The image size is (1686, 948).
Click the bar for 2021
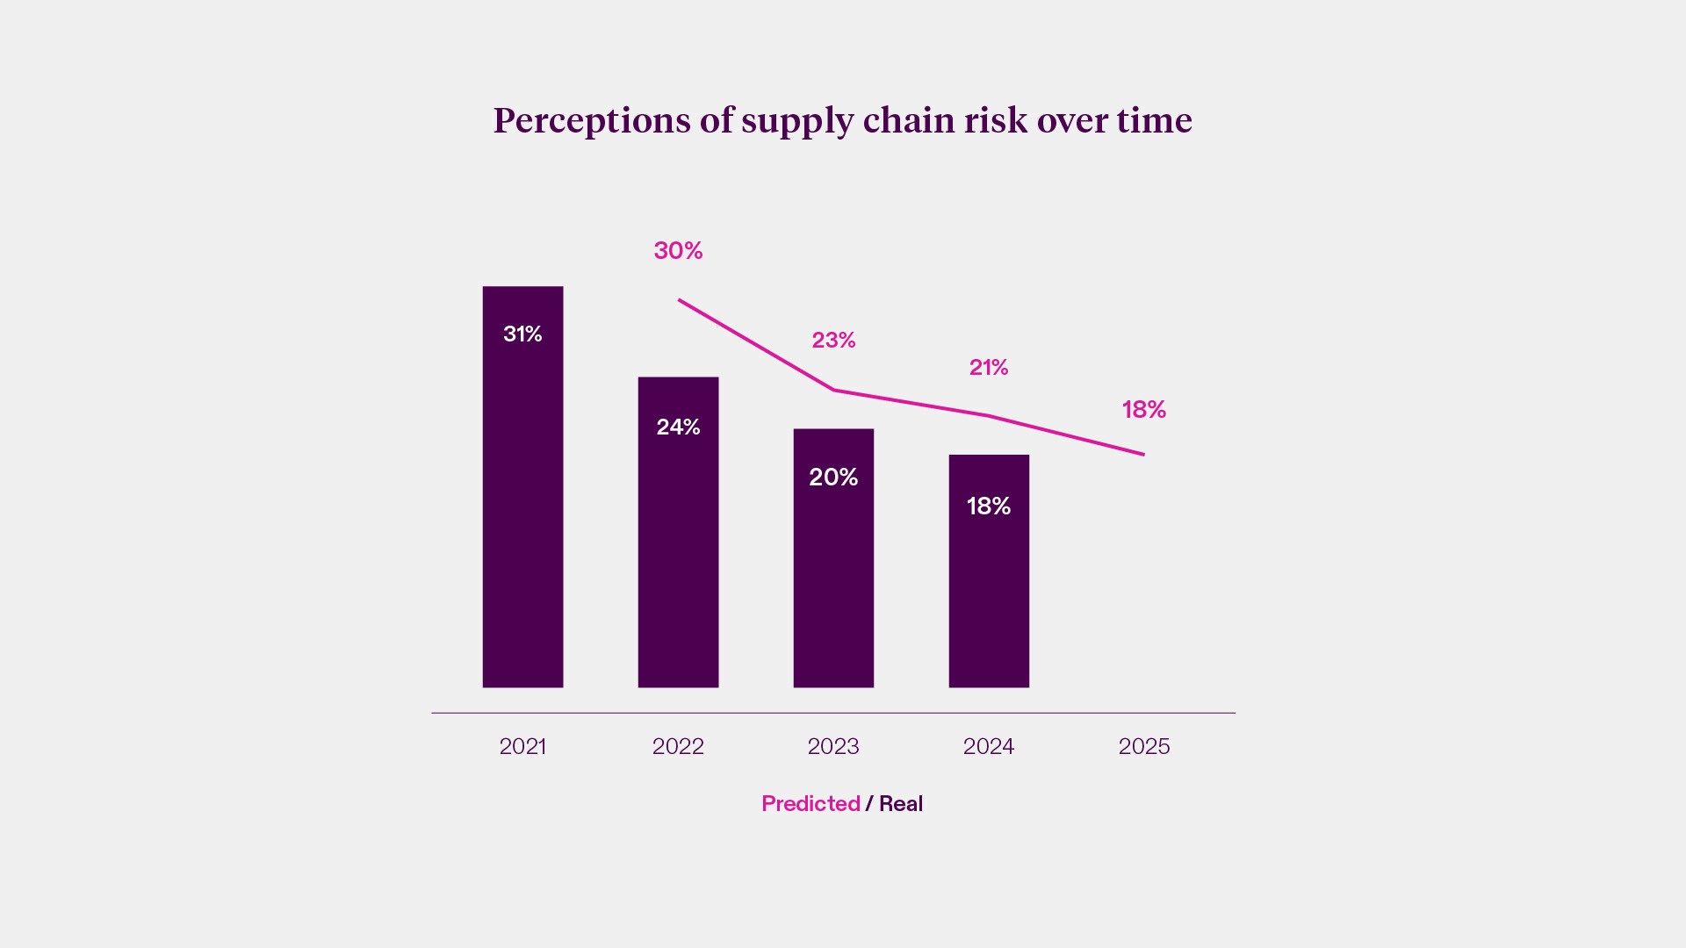pyautogui.click(x=522, y=509)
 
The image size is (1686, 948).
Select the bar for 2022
pyautogui.click(x=678, y=553)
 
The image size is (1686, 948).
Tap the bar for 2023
pyautogui.click(x=833, y=579)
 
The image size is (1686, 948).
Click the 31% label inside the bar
pyautogui.click(x=522, y=334)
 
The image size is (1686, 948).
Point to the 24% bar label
pyautogui.click(x=678, y=427)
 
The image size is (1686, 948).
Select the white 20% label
pyautogui.click(x=833, y=477)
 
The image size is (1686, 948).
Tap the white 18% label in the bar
pyautogui.click(x=989, y=506)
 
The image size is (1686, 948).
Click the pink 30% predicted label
pyautogui.click(x=678, y=250)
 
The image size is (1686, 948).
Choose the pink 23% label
pyautogui.click(x=833, y=340)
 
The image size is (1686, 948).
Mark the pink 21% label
pyautogui.click(x=989, y=367)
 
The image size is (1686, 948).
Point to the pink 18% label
pyautogui.click(x=1143, y=409)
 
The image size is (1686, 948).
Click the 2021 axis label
pyautogui.click(x=522, y=746)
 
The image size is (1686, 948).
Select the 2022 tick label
pyautogui.click(x=678, y=746)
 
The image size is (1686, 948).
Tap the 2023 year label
pyautogui.click(x=833, y=746)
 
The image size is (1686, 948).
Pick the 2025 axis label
pyautogui.click(x=1143, y=746)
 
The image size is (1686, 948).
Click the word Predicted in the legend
pyautogui.click(x=811, y=803)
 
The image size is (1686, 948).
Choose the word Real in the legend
pyautogui.click(x=901, y=803)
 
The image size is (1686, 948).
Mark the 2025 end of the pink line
pyautogui.click(x=1142, y=454)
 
